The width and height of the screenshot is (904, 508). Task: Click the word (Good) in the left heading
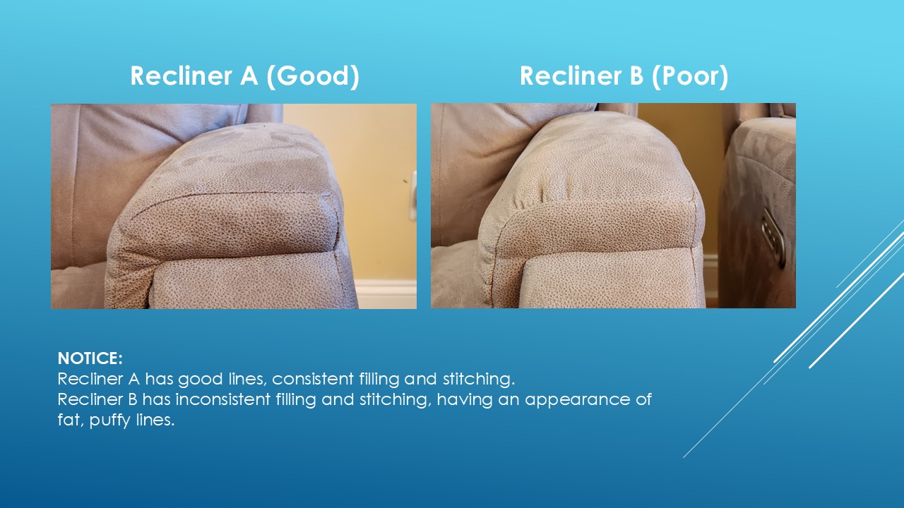pyautogui.click(x=313, y=75)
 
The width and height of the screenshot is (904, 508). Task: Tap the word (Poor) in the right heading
pyautogui.click(x=690, y=75)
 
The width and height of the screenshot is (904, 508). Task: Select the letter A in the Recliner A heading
pyautogui.click(x=249, y=75)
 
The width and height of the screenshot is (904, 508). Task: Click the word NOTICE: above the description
pyautogui.click(x=90, y=358)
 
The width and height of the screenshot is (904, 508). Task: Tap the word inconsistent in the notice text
pyautogui.click(x=222, y=399)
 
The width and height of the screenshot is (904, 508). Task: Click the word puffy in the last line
pyautogui.click(x=110, y=421)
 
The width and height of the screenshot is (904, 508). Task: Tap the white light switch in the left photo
pyautogui.click(x=413, y=195)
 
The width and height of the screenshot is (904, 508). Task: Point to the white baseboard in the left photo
pyautogui.click(x=386, y=294)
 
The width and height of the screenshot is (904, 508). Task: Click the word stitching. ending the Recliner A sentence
pyautogui.click(x=479, y=379)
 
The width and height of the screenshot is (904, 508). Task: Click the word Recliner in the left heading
pyautogui.click(x=182, y=75)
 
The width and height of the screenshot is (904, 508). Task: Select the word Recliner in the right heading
pyautogui.click(x=571, y=75)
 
